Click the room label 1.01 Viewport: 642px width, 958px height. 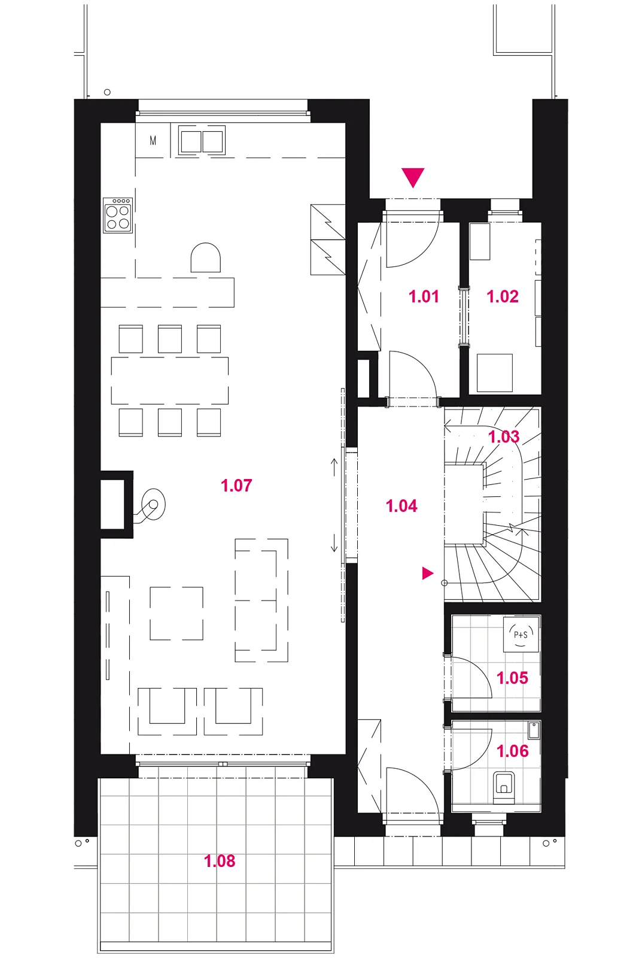[x=424, y=296]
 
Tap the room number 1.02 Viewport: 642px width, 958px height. [x=503, y=296]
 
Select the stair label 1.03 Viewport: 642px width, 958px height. [x=504, y=436]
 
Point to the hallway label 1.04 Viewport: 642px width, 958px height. [x=401, y=506]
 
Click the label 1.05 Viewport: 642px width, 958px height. [x=512, y=678]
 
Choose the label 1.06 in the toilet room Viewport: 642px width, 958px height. [x=513, y=751]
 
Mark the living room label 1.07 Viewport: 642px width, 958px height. [x=236, y=486]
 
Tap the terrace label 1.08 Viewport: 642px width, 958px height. [x=220, y=861]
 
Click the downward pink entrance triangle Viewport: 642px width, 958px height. [x=413, y=177]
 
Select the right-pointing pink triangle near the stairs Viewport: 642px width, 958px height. [x=428, y=573]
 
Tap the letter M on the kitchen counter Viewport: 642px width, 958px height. [x=153, y=140]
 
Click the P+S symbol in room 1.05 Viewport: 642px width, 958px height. [x=521, y=634]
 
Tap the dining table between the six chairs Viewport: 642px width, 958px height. [x=170, y=381]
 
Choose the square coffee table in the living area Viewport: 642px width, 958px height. [x=177, y=613]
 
